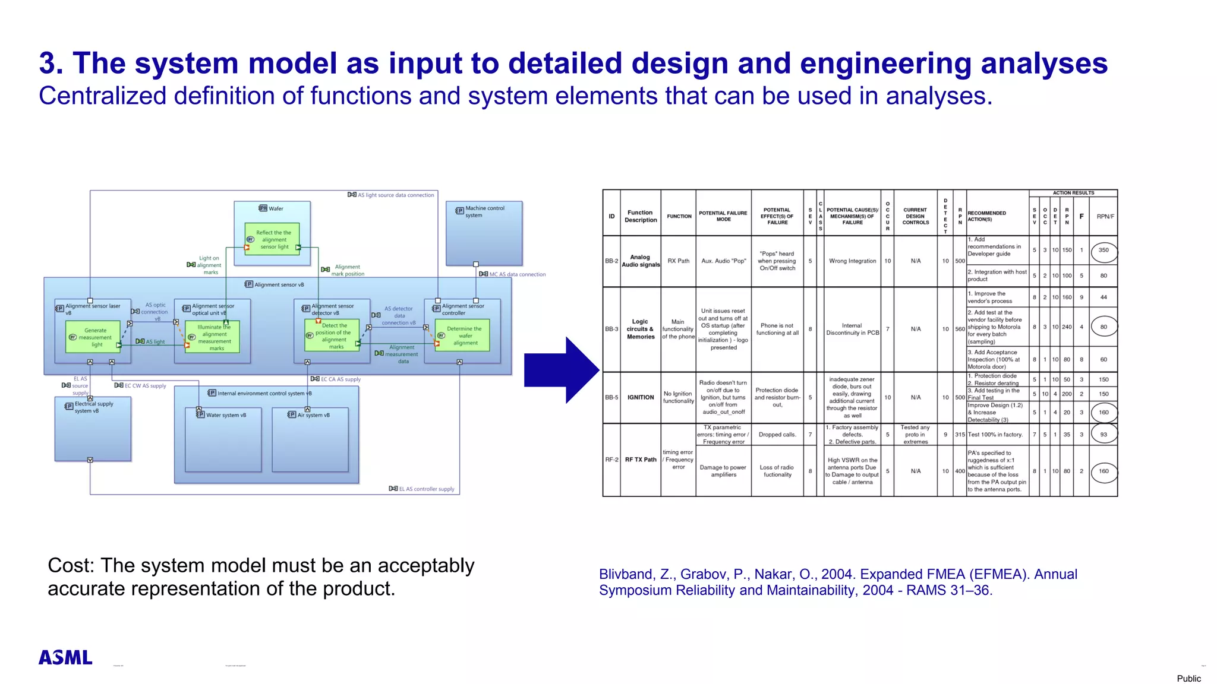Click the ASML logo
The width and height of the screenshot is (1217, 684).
click(x=65, y=657)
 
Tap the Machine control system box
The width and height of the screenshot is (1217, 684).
click(x=484, y=233)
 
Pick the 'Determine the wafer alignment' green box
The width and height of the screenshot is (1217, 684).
click(x=462, y=335)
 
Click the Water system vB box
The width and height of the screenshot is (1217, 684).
click(x=223, y=439)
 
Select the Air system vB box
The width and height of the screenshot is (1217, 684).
click(x=310, y=439)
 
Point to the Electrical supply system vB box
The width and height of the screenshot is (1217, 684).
click(x=93, y=429)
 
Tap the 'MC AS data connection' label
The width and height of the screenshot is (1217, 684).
click(x=517, y=274)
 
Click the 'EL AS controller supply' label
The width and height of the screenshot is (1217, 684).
click(x=426, y=489)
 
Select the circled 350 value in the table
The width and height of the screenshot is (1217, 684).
click(x=1104, y=251)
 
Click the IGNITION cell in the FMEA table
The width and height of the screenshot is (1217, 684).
click(x=641, y=397)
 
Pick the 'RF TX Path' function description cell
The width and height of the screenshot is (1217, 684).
click(x=641, y=460)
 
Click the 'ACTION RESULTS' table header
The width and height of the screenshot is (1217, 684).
click(x=1073, y=193)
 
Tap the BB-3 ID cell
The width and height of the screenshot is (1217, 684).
click(x=611, y=329)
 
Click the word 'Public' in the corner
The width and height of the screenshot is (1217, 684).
click(x=1188, y=678)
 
